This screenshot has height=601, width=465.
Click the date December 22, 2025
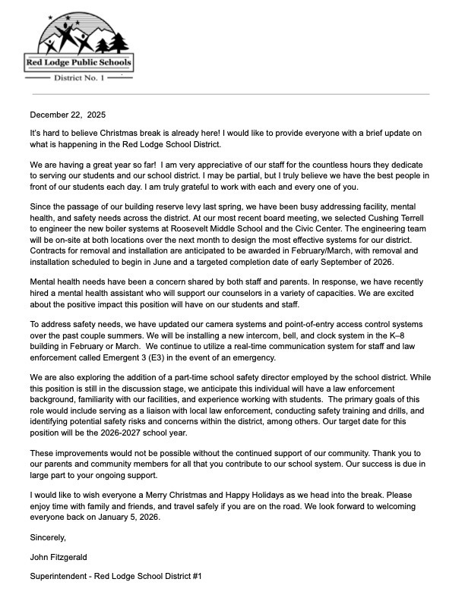click(68, 115)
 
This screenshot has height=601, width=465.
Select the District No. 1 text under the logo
click(79, 77)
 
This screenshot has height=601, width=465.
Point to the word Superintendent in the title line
click(61, 577)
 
